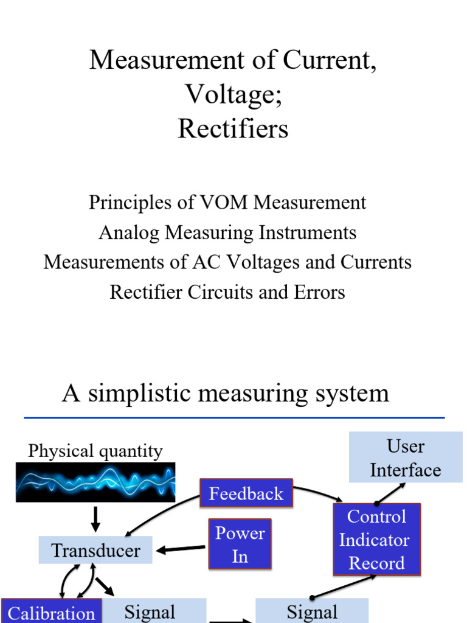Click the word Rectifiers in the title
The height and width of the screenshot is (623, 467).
click(x=233, y=129)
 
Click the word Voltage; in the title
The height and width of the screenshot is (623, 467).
click(x=233, y=95)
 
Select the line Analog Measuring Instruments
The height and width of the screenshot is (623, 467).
click(x=227, y=232)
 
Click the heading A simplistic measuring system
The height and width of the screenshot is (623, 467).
click(x=226, y=393)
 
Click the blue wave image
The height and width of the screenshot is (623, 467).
click(x=95, y=482)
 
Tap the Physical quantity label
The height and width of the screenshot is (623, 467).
click(x=95, y=451)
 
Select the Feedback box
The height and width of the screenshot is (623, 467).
click(x=246, y=493)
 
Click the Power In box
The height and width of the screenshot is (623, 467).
click(x=240, y=544)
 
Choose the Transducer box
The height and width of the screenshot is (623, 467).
click(x=95, y=551)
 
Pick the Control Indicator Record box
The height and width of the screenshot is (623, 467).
click(x=376, y=540)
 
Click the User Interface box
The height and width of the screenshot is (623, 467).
click(x=406, y=458)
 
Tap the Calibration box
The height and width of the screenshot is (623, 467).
click(x=51, y=613)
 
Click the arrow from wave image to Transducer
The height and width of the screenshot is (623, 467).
click(x=95, y=518)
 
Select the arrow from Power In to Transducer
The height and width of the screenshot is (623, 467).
click(x=181, y=549)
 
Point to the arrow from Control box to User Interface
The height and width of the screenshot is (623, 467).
click(x=392, y=493)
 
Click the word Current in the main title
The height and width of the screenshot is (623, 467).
click(x=330, y=61)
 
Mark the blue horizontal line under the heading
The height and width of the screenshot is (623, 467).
click(x=234, y=417)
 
